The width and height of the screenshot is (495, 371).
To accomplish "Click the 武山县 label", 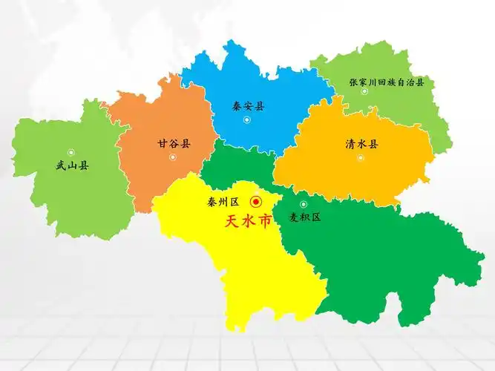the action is [x=72, y=166].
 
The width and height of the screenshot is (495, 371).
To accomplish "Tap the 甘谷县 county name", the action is [x=174, y=143].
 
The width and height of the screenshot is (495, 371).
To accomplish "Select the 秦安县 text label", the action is [x=248, y=106].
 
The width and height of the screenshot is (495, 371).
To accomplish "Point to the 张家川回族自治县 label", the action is [x=386, y=82].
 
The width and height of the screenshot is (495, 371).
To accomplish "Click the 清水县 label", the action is [x=361, y=143].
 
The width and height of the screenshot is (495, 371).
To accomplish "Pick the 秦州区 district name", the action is [x=223, y=202].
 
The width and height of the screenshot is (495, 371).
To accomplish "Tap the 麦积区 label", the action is [x=305, y=217].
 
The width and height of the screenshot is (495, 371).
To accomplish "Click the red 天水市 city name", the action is [x=247, y=222].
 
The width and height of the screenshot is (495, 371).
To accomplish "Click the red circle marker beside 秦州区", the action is [x=257, y=201].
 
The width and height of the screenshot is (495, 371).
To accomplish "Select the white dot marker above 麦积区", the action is [x=303, y=204].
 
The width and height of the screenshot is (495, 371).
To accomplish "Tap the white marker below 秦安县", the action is [x=248, y=119].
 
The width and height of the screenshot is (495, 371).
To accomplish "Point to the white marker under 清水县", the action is [x=361, y=157].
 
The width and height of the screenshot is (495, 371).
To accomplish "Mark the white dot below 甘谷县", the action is [x=173, y=157].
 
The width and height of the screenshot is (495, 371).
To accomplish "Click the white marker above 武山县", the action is [x=71, y=152].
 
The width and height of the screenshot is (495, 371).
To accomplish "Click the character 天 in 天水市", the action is [x=231, y=222].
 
